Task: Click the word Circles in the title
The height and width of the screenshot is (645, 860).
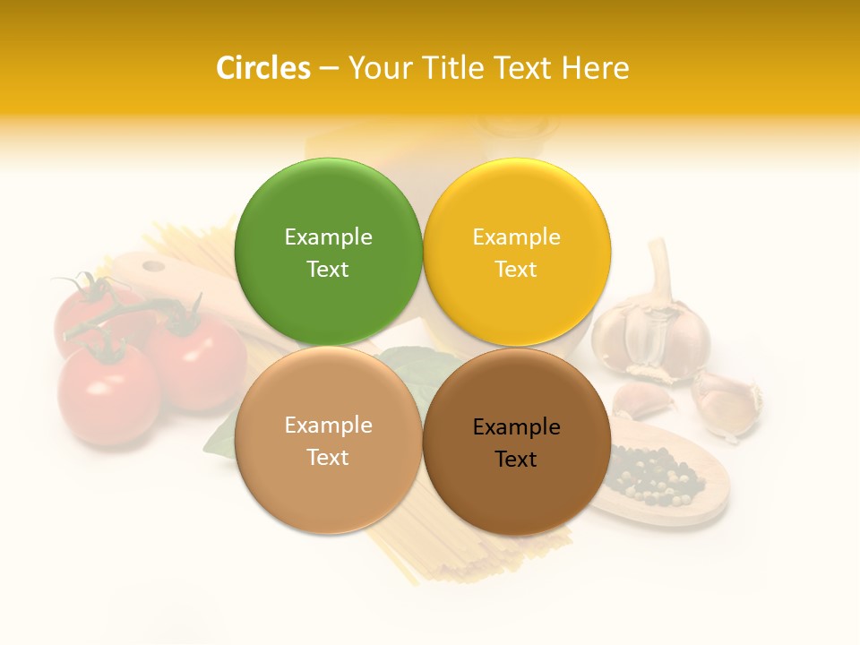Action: (x=262, y=68)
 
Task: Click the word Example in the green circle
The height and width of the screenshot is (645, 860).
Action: (x=328, y=237)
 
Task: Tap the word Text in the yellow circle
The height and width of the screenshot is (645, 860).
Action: (x=516, y=270)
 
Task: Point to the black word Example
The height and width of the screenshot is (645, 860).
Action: (x=516, y=427)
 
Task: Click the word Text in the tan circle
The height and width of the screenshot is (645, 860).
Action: (x=328, y=458)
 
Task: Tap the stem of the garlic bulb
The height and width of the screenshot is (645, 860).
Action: (x=661, y=264)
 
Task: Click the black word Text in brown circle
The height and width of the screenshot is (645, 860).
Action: (x=516, y=460)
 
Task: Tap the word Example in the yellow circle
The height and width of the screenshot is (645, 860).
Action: (x=516, y=237)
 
